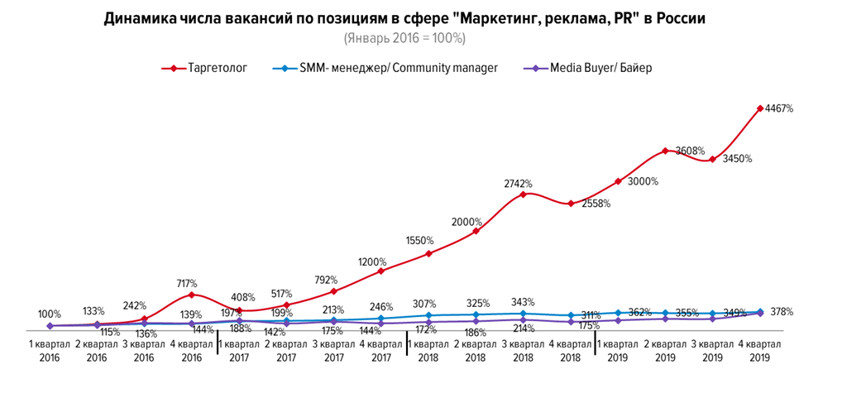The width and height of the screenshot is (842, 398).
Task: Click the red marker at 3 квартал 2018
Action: (523, 194)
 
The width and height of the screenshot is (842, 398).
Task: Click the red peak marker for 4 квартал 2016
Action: (191, 295)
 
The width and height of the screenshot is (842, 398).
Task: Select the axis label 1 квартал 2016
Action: (50, 349)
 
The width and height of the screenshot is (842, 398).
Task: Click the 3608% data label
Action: (690, 151)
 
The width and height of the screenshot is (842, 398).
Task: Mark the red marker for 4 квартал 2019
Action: (759, 108)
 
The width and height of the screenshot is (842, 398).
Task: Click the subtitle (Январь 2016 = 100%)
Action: (404, 38)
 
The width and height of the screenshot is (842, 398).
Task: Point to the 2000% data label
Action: (466, 221)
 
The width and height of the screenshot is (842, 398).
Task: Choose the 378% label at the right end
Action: (781, 312)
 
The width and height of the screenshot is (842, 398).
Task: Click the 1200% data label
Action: (371, 261)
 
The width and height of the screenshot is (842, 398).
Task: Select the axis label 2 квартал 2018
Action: (475, 349)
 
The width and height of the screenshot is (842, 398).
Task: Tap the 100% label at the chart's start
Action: (50, 314)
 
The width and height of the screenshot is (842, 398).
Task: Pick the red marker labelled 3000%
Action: (617, 180)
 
